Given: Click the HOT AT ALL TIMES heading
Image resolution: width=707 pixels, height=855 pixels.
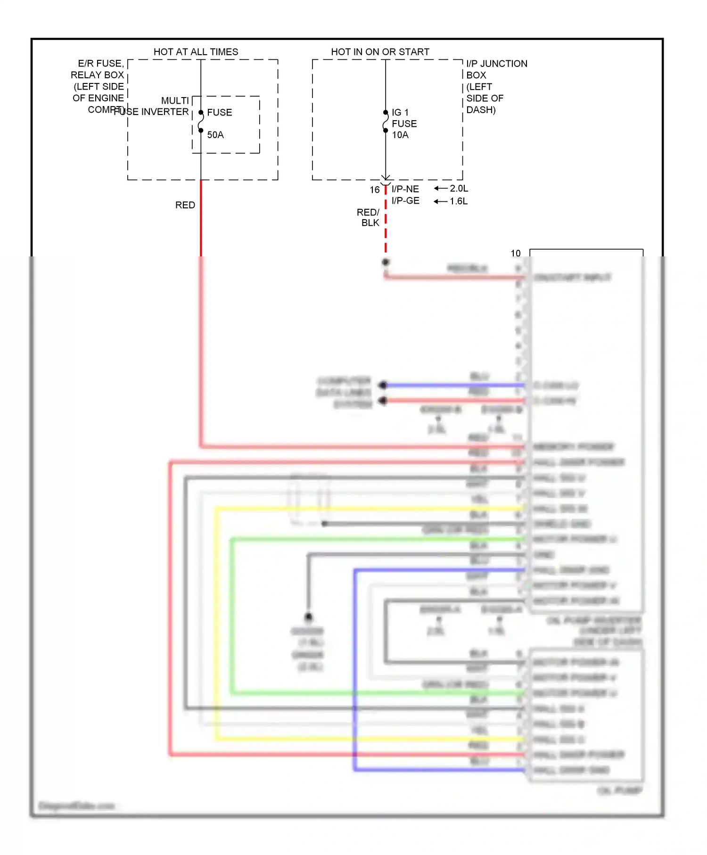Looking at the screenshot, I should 196,52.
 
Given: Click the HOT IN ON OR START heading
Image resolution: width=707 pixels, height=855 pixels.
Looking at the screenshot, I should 380,52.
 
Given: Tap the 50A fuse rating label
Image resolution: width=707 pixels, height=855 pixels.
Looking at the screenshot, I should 215,135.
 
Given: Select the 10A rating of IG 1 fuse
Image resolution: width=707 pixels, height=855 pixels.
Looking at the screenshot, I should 400,135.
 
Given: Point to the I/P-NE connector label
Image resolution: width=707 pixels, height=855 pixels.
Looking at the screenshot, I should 405,189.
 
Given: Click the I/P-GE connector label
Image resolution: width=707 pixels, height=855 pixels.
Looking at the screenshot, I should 405,201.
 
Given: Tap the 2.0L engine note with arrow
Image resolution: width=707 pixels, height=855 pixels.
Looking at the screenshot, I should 452,189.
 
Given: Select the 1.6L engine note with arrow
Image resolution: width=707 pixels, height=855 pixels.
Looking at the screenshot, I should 452,201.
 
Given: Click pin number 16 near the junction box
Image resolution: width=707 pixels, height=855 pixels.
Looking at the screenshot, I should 374,190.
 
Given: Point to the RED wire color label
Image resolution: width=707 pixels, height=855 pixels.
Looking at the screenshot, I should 185,205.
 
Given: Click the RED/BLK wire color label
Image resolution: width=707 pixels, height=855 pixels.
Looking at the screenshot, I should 369,217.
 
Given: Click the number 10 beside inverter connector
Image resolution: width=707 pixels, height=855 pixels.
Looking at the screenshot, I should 516,254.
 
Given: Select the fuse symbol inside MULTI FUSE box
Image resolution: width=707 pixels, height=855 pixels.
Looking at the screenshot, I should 201,122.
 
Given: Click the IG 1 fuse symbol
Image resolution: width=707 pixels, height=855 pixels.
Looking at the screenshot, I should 386,122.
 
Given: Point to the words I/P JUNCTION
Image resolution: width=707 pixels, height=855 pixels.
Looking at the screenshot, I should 496,64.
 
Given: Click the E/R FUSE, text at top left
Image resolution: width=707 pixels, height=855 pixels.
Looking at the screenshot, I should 100,64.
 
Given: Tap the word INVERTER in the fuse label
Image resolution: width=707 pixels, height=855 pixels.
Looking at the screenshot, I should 165,112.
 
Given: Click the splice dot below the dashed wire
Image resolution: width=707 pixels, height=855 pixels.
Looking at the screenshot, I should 386,262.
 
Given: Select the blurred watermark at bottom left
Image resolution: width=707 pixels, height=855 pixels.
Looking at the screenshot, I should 76,806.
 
